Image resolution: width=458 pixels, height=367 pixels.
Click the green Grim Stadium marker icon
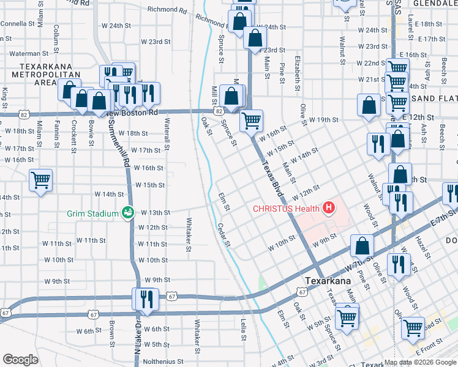pyautogui.click(x=128, y=213)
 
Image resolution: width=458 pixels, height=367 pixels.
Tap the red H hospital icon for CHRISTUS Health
pyautogui.click(x=329, y=209)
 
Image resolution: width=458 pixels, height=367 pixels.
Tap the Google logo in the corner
pyautogui.click(x=20, y=360)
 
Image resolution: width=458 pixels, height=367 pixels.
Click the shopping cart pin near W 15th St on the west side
pyautogui.click(x=41, y=180)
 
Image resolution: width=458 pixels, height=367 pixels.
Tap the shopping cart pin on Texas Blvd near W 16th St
pyautogui.click(x=251, y=121)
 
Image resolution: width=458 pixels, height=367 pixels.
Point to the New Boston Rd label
pyautogui.click(x=132, y=113)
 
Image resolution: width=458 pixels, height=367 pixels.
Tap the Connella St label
pyautogui.click(x=18, y=23)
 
